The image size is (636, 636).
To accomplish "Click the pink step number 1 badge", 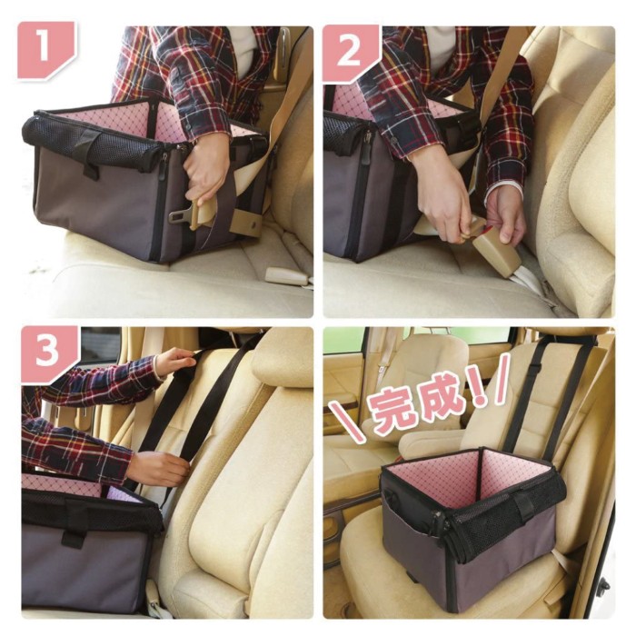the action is click(45, 49).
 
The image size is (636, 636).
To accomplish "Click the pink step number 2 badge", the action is click(350, 52).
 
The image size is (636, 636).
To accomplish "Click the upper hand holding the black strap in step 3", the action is click(175, 361).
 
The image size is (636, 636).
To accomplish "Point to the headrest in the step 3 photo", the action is click(280, 358).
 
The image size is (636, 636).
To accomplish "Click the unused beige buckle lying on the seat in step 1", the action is click(287, 276).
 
